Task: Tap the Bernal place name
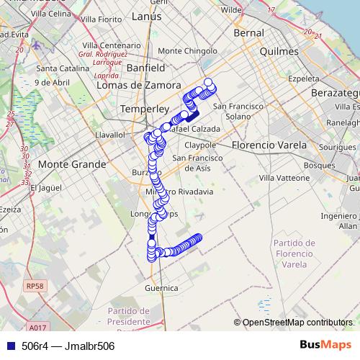pyautogui.click(x=249, y=33)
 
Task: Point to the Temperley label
pyautogui.click(x=144, y=108)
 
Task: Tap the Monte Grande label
pyautogui.click(x=71, y=164)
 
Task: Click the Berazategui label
pyautogui.click(x=336, y=94)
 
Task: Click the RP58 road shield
pyautogui.click(x=35, y=286)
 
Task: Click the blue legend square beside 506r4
pyautogui.click(x=8, y=346)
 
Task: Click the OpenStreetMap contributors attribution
pyautogui.click(x=297, y=323)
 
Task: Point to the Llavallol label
pyautogui.click(x=111, y=134)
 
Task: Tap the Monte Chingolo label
pyautogui.click(x=182, y=51)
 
